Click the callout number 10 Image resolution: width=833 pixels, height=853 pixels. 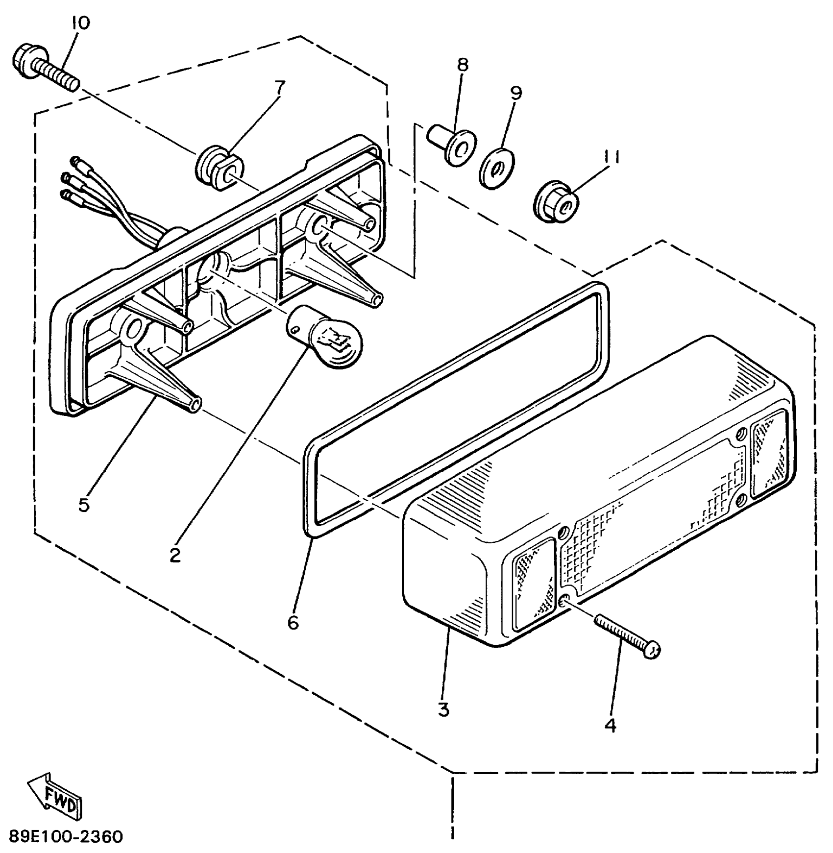[x=80, y=23]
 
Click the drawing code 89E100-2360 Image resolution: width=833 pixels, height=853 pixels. [x=66, y=836]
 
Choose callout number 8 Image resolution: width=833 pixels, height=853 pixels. [x=463, y=64]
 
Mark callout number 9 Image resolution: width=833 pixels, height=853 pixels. [x=516, y=92]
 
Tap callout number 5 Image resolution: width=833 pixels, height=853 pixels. [x=84, y=505]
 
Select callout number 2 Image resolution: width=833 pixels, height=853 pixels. [x=175, y=555]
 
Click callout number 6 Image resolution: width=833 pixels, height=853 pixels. [x=293, y=622]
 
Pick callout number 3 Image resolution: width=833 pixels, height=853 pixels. [x=443, y=709]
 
